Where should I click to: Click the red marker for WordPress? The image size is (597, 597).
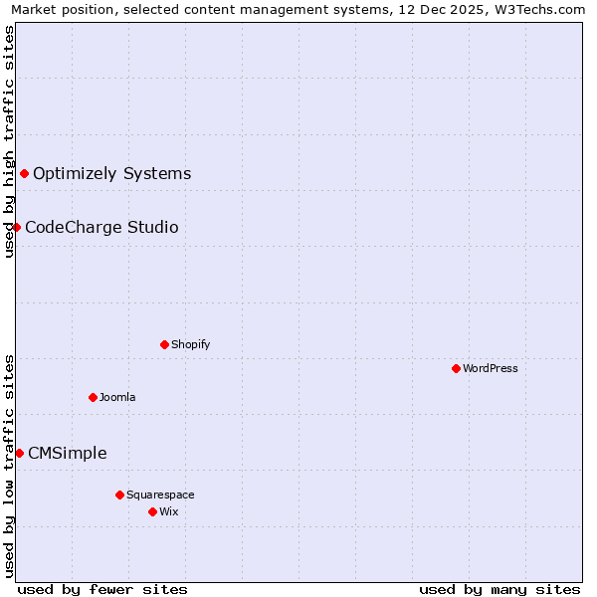point(456,368)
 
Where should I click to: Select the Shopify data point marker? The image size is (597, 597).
point(164,344)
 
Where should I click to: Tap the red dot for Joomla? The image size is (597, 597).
point(93,397)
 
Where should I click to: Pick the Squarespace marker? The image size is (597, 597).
point(119,495)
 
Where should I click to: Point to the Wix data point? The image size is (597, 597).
point(152,511)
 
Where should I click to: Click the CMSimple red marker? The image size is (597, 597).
point(19,453)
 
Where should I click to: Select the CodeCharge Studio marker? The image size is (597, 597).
point(16,227)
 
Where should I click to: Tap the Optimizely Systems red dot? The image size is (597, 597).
point(24,173)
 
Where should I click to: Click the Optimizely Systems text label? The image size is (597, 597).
point(111,174)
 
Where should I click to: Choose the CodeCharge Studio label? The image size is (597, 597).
point(101,228)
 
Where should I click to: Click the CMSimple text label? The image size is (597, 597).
point(67,454)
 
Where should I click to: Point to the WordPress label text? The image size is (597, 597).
point(491,368)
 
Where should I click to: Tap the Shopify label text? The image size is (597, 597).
point(190,344)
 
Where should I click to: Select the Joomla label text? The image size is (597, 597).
point(117,397)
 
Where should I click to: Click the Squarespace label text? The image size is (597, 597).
point(160,495)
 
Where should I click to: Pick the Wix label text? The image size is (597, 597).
point(169,511)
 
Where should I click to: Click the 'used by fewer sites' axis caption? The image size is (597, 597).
point(102,589)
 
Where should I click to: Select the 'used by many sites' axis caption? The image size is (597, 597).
point(499,589)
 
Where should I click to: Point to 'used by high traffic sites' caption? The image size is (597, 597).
point(9,141)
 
